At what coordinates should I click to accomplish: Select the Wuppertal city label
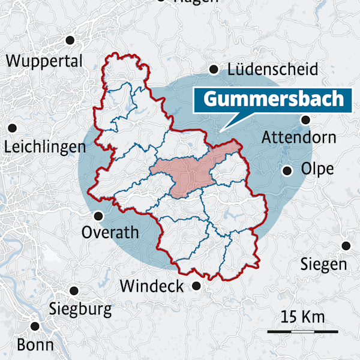point(44,61)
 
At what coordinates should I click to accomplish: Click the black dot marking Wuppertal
point(70,40)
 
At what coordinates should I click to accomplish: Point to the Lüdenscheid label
point(272,70)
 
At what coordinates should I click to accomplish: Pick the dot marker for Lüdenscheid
point(214,69)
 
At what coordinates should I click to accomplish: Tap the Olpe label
point(317,169)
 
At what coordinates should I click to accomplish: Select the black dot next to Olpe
point(287,171)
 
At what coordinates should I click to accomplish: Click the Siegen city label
point(323,264)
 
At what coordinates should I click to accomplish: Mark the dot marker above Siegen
point(346,245)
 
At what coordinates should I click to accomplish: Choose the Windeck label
point(152,286)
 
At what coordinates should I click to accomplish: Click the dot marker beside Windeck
point(196,286)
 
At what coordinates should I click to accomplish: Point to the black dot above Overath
point(98,215)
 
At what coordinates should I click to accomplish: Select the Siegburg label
point(80,310)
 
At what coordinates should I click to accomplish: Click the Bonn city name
point(35,345)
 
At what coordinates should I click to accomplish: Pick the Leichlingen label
point(44,148)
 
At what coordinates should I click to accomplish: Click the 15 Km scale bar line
point(303,331)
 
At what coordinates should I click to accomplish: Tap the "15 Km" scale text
point(303,316)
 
